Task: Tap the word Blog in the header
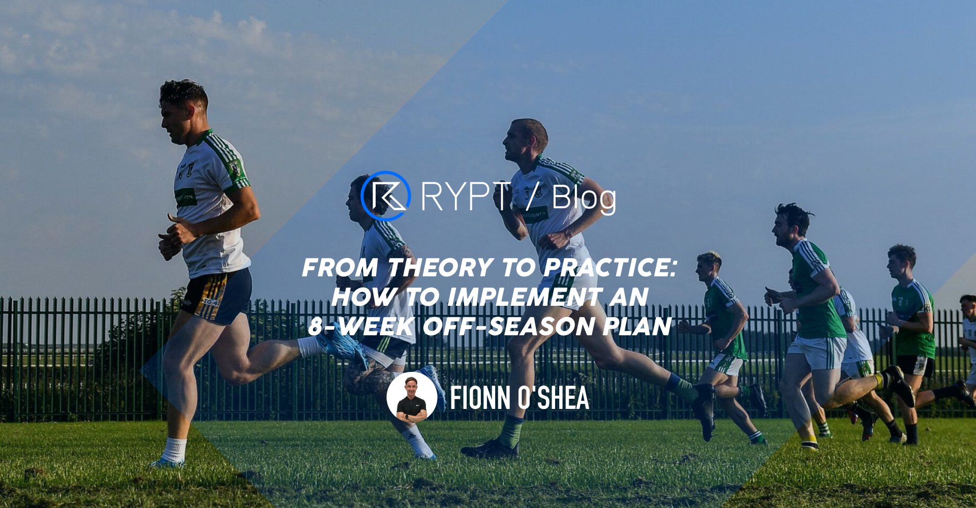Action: [x=584, y=198]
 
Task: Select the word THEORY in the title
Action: [x=441, y=268]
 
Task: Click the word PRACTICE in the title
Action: [x=611, y=268]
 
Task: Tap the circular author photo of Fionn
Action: [x=412, y=398]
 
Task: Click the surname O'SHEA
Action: [x=554, y=398]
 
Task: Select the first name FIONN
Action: [x=480, y=398]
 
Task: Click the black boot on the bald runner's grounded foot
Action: [x=490, y=449]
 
